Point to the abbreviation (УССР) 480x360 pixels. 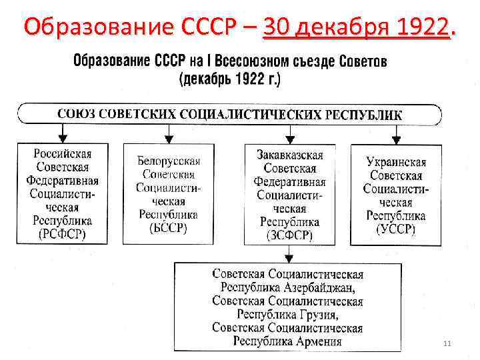coord(395,229)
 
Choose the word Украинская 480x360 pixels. coord(396,162)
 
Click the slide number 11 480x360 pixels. coord(447,343)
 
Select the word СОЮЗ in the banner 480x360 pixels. coord(75,113)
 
